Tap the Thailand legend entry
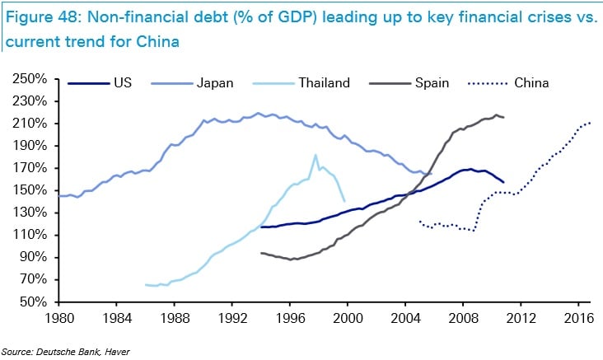coord(324,82)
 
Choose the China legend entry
coord(531,82)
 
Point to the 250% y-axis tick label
coord(30,79)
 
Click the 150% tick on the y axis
coord(30,190)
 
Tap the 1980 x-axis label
coord(58,317)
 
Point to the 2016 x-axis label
coord(578,317)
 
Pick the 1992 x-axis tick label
coord(232,317)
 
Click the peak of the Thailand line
coord(315,155)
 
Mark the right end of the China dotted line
coord(590,123)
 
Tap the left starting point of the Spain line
coord(260,253)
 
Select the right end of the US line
coord(503,182)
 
